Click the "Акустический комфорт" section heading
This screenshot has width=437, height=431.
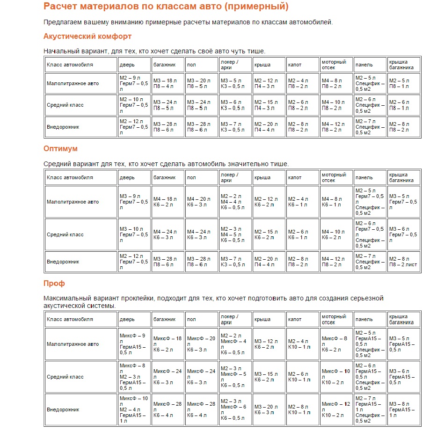point(87,36)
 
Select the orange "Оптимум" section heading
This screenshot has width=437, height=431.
point(60,148)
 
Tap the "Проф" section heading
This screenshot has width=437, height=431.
point(54,283)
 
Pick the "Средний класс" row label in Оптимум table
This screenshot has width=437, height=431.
point(65,234)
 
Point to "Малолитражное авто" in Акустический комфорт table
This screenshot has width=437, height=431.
point(73,84)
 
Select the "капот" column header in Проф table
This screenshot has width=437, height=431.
point(295,319)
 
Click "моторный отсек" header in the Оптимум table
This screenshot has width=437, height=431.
point(334,177)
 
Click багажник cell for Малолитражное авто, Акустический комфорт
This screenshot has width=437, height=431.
point(168,84)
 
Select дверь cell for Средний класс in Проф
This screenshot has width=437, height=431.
point(134,377)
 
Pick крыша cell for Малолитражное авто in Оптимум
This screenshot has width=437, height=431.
point(269,202)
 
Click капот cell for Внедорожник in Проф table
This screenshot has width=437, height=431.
point(302,409)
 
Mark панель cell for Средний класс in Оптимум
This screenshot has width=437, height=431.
point(370,234)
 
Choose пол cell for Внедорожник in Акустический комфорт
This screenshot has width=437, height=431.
point(201,127)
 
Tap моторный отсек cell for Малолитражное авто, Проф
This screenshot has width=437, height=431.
point(336,344)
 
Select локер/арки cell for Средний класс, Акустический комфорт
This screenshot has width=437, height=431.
point(235,105)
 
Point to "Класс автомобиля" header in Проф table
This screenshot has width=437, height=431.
point(70,319)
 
